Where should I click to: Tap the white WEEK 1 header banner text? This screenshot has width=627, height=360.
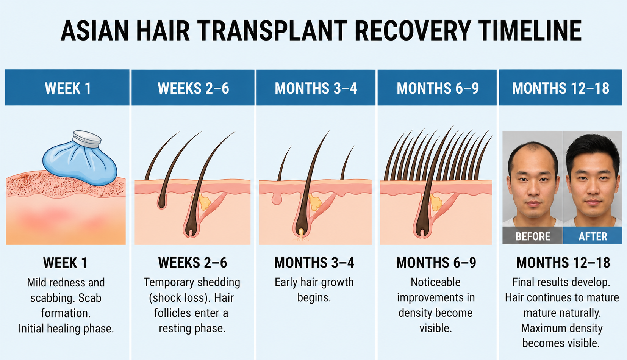68,88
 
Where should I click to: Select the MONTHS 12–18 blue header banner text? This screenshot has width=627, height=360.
560,88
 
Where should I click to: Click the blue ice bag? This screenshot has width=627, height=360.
80,162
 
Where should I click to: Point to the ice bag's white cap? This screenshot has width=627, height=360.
87,139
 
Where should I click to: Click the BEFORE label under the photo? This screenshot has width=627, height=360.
533,236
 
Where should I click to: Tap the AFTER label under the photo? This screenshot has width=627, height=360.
593,236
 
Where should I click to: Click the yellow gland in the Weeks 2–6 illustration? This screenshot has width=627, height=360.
204,202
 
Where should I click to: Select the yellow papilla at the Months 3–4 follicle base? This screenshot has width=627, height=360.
301,232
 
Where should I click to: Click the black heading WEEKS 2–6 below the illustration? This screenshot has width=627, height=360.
192,263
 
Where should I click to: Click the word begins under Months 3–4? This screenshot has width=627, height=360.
314,298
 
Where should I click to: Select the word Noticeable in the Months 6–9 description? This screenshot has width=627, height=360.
435,282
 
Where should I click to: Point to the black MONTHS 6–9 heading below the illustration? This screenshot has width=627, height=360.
436,263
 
